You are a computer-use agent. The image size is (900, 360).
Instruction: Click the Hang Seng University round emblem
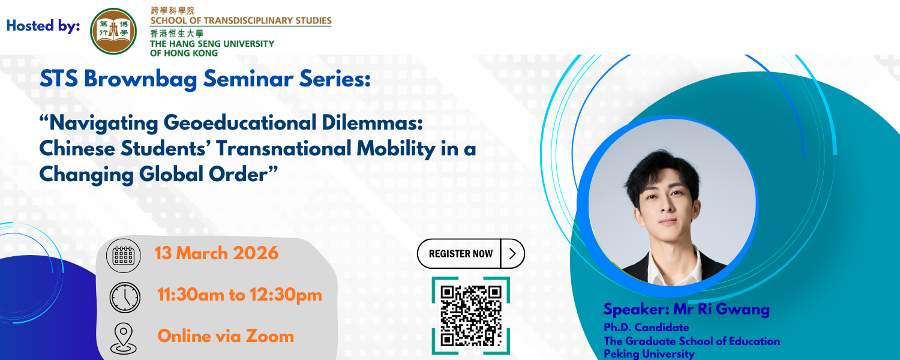pyautogui.click(x=113, y=31)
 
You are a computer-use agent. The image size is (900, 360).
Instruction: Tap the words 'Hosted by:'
pyautogui.click(x=43, y=26)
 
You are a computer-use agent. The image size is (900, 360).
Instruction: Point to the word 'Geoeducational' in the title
pyautogui.click(x=240, y=122)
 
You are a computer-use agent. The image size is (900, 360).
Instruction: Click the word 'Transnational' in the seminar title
pyautogui.click(x=284, y=149)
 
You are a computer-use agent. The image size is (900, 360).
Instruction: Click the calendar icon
pyautogui.click(x=124, y=256)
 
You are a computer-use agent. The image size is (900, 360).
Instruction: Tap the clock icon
pyautogui.click(x=125, y=298)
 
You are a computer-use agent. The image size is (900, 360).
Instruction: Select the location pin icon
pyautogui.click(x=124, y=338)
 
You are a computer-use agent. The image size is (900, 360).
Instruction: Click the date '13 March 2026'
pyautogui.click(x=217, y=253)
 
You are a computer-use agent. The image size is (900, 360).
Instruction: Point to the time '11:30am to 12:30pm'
pyautogui.click(x=240, y=295)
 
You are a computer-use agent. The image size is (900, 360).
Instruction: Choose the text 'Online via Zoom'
pyautogui.click(x=226, y=336)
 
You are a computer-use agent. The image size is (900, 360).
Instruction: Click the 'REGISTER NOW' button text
pyautogui.click(x=460, y=254)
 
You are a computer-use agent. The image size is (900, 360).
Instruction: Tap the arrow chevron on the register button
pyautogui.click(x=512, y=254)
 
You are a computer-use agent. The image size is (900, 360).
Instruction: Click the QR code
pyautogui.click(x=471, y=316)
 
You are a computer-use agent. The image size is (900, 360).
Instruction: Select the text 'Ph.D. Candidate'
pyautogui.click(x=646, y=328)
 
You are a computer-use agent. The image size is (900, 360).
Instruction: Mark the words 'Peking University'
pyautogui.click(x=649, y=354)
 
